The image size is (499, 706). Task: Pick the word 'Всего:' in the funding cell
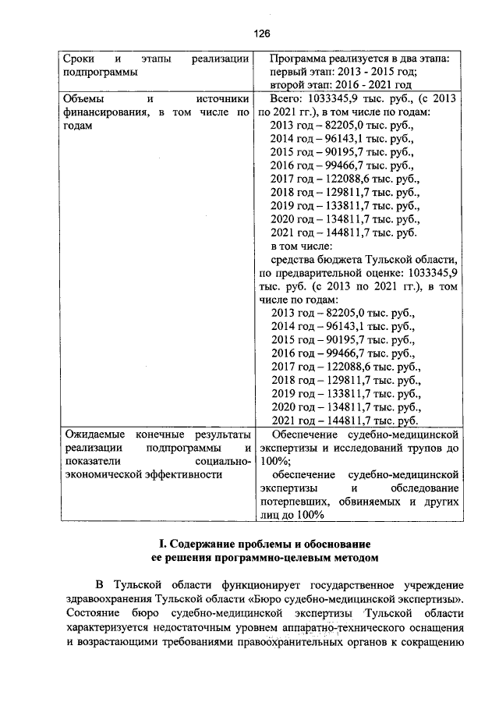tap(288, 100)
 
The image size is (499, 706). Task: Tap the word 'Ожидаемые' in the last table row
tap(94, 435)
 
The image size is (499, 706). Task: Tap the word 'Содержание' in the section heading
tap(200, 543)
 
